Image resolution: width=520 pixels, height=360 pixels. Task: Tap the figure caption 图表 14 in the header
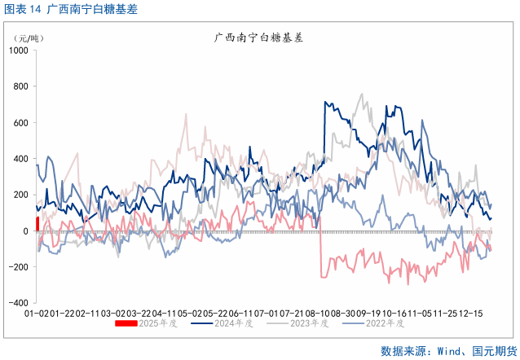point(23,11)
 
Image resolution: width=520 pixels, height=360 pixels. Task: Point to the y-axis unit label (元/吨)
point(29,38)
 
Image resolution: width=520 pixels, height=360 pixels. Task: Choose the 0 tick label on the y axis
point(26,231)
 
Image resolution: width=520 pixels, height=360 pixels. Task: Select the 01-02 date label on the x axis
point(37,313)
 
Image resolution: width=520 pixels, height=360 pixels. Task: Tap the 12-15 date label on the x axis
point(469,313)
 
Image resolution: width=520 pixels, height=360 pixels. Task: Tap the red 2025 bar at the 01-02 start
point(37,224)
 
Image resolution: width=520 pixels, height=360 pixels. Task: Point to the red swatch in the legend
point(126,324)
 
